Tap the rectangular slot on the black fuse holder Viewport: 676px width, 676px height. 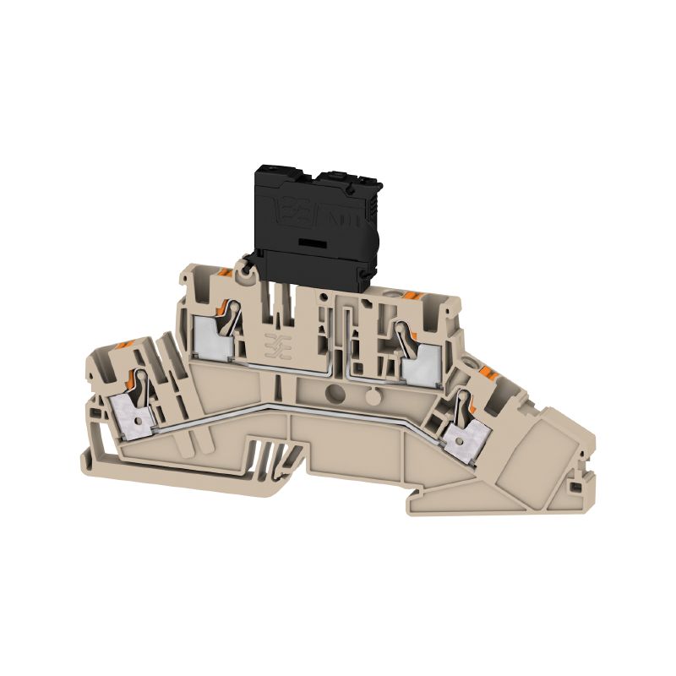click(312, 242)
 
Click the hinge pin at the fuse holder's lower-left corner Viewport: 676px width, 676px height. click(246, 270)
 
